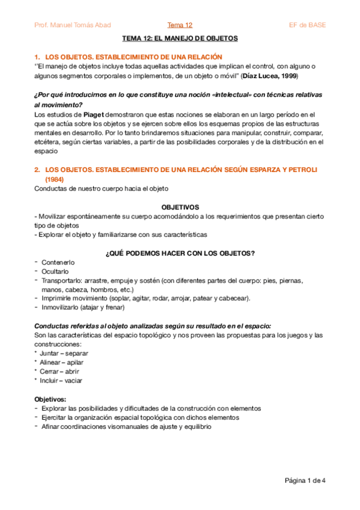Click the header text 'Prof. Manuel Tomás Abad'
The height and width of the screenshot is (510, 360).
tap(72, 25)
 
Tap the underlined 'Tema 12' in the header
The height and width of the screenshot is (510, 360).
tap(180, 25)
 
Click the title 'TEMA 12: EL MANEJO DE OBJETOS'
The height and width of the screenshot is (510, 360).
tap(180, 38)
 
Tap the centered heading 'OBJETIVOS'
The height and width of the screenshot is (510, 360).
tap(180, 206)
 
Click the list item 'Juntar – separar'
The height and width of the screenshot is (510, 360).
tap(63, 353)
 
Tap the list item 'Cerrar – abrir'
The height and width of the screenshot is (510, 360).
tap(59, 371)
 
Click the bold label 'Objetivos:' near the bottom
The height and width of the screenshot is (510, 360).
tap(50, 399)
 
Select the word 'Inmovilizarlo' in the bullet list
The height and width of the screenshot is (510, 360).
tap(61, 307)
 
